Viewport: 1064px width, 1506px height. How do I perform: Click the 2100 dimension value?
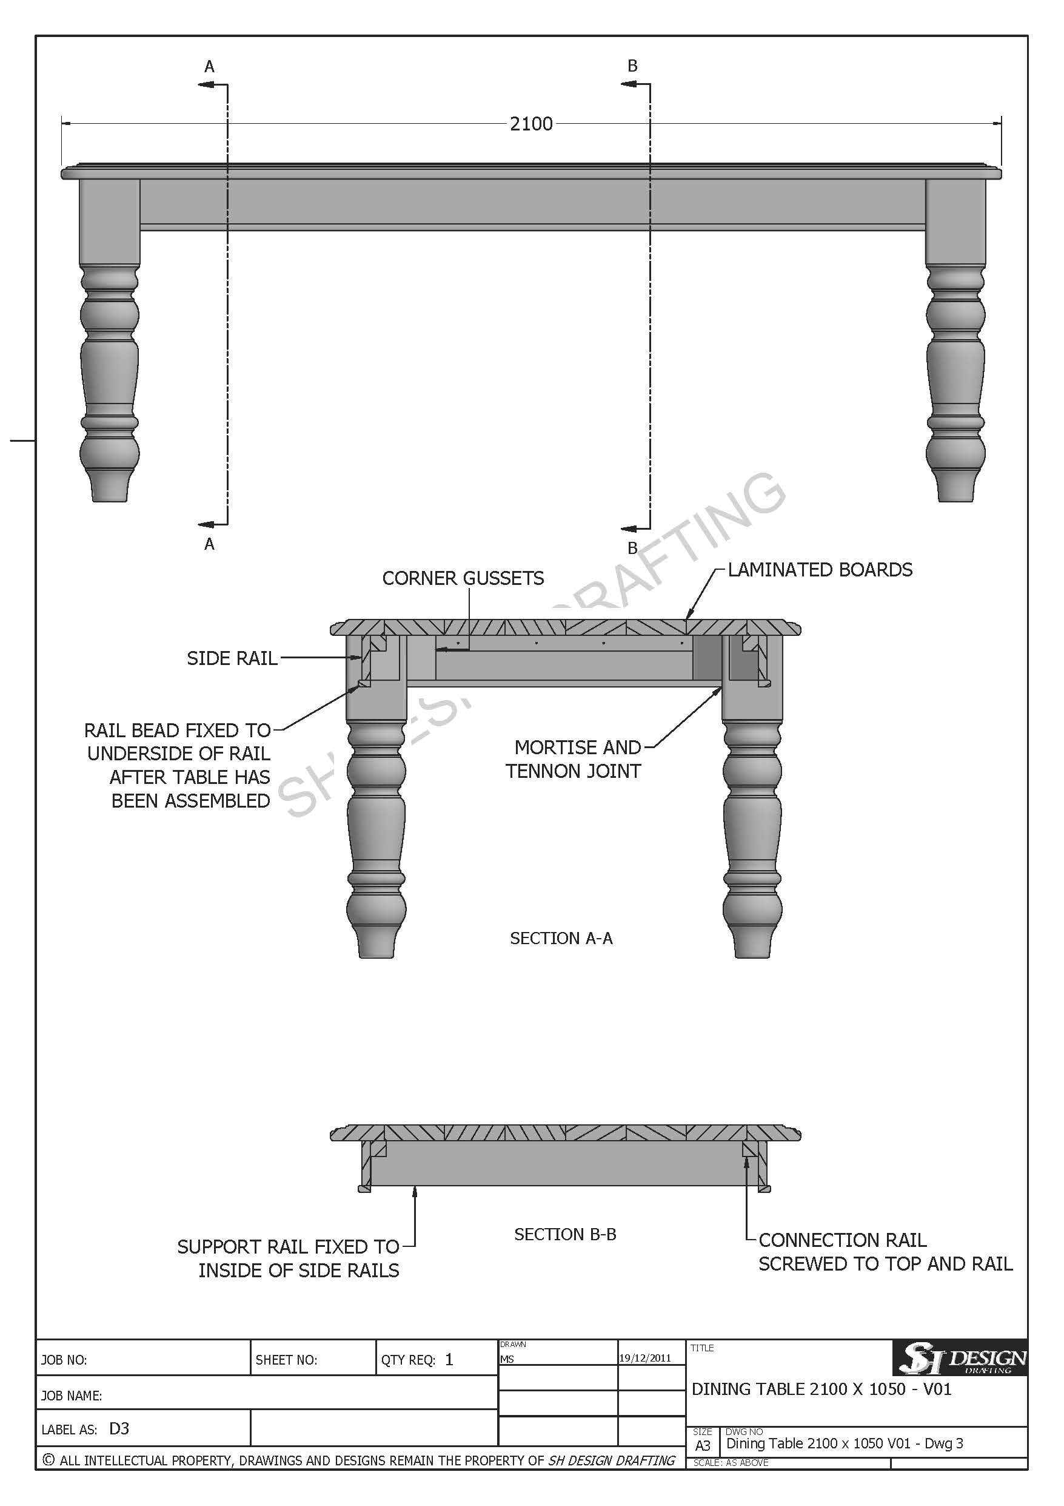pos(531,124)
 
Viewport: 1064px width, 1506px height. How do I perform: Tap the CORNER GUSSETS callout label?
pos(463,578)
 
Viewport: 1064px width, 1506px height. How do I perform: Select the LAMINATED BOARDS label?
pos(820,569)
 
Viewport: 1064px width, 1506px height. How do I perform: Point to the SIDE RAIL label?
pos(232,658)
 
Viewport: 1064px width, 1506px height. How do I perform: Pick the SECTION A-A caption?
pos(561,938)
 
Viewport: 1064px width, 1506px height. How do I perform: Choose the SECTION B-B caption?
pos(565,1234)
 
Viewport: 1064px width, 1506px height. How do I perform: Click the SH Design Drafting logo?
pos(960,1357)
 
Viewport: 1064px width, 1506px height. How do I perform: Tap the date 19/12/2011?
pos(645,1358)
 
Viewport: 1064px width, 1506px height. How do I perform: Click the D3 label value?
pos(119,1428)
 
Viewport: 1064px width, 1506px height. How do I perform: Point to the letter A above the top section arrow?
pos(209,66)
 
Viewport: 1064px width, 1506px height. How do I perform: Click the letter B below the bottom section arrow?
pos(632,548)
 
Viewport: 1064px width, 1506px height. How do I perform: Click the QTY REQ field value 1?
pos(449,1360)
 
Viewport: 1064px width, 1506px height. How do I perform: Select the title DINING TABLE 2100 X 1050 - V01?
pos(821,1390)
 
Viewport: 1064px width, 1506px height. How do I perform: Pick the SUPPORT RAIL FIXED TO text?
pos(289,1247)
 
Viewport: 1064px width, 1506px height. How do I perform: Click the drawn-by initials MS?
pos(507,1360)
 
